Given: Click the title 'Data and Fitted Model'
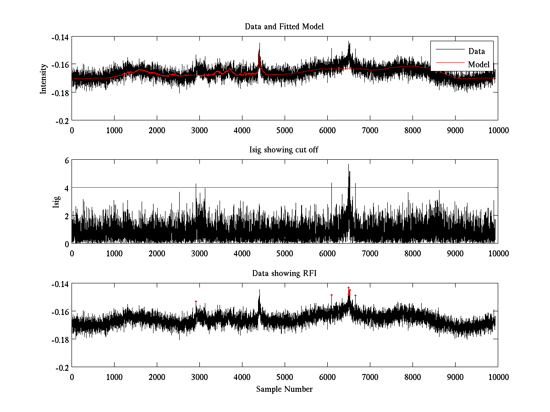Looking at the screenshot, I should coord(284,27).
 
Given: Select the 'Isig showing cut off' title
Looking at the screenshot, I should coord(284,150).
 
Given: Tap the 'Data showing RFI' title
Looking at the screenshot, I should coord(284,273).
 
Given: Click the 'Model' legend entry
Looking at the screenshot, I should coord(478,65).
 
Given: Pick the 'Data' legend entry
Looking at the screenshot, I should coord(476,51).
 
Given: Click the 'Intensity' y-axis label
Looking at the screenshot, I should coord(44,78).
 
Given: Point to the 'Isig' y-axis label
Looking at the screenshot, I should coord(56,202).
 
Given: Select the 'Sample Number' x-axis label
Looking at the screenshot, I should coord(284,389).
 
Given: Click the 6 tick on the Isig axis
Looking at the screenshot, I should coord(66,160).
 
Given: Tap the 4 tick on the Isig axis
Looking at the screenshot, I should coord(66,188).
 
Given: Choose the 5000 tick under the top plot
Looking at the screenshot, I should coord(285,130).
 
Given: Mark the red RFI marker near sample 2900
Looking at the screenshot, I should coord(196,301).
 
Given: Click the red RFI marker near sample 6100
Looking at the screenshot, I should coord(331,295).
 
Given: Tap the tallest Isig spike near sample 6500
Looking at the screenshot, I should coord(348,165).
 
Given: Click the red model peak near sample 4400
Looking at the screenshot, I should coord(259,55).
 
